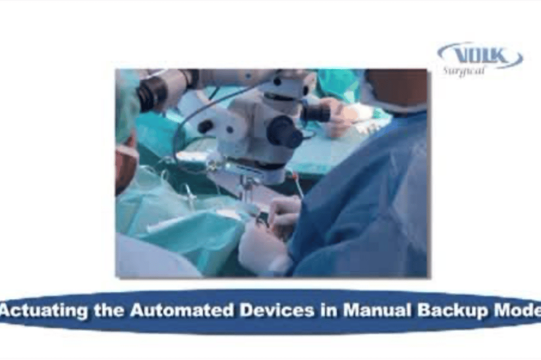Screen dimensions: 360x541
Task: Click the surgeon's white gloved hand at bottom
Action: click(260, 249)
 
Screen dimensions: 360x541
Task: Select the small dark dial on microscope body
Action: click(206, 127)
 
